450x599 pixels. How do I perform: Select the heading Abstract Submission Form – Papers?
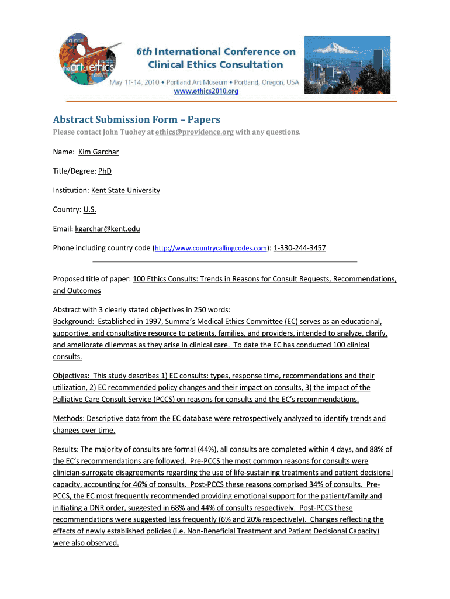[x=136, y=119]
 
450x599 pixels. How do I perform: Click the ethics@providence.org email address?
[x=195, y=132]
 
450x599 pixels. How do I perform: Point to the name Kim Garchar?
[x=98, y=152]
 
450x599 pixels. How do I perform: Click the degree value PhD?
[x=105, y=171]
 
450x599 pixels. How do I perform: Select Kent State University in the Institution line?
[x=125, y=190]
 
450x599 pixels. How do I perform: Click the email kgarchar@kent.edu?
[x=107, y=229]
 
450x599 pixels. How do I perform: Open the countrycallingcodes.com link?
[x=210, y=249]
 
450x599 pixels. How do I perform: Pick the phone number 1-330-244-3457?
[x=300, y=248]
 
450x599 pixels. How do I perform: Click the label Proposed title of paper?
[x=92, y=279]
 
